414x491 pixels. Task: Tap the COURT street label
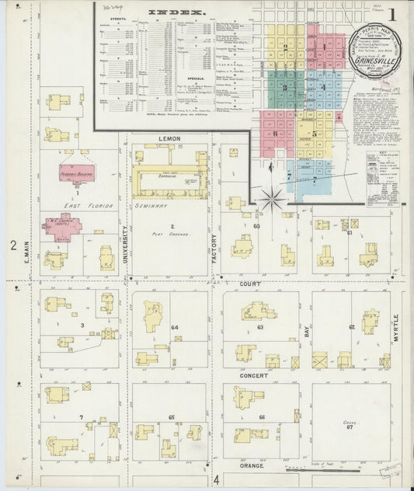coord(249,284)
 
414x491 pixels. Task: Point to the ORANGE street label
coord(251,465)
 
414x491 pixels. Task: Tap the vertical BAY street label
coord(307,330)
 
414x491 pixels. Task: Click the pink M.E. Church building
coord(62,228)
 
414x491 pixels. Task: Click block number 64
coord(175,327)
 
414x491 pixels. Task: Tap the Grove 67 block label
coord(349,425)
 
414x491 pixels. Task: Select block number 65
coord(171,418)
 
